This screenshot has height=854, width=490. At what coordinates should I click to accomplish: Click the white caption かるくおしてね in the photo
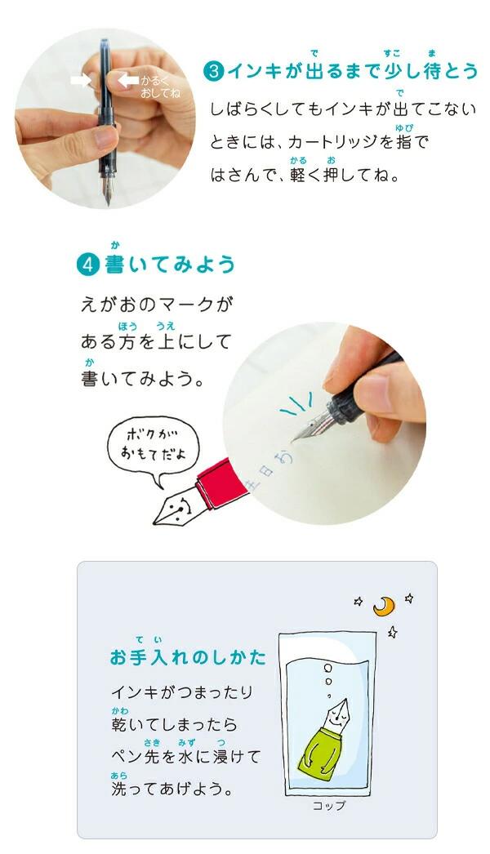158,87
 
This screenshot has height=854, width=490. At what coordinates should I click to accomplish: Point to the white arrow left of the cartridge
81,80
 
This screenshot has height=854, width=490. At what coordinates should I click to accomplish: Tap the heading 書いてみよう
170,265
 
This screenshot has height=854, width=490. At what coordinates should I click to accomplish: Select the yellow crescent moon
383,605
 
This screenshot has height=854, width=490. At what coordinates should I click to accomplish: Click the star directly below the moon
392,632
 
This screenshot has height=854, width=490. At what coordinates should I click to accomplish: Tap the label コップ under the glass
329,806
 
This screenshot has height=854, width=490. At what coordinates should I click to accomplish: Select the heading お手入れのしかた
188,656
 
